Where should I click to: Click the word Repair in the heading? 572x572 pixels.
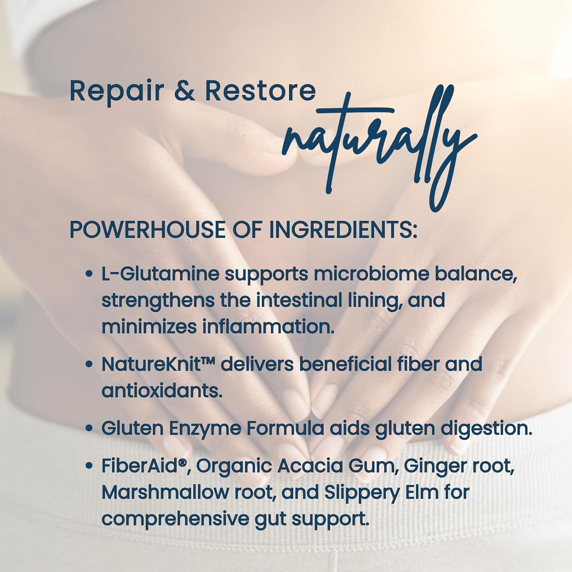click(117, 92)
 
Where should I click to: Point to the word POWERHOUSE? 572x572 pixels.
click(147, 230)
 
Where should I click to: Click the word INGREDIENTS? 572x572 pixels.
click(343, 230)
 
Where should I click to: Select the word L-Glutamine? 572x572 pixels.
click(160, 274)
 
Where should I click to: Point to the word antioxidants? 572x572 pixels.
click(162, 391)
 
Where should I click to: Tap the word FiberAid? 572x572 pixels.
click(143, 466)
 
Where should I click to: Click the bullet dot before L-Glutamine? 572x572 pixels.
click(89, 275)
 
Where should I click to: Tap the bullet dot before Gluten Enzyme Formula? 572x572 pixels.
click(89, 429)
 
